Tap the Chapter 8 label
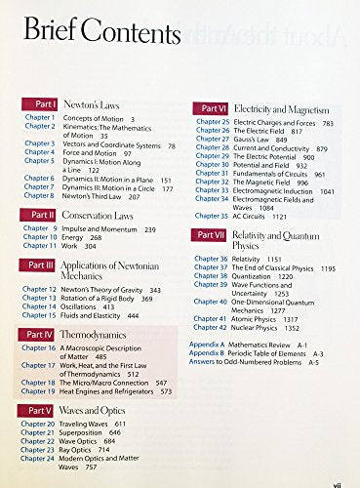(x=39, y=196)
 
